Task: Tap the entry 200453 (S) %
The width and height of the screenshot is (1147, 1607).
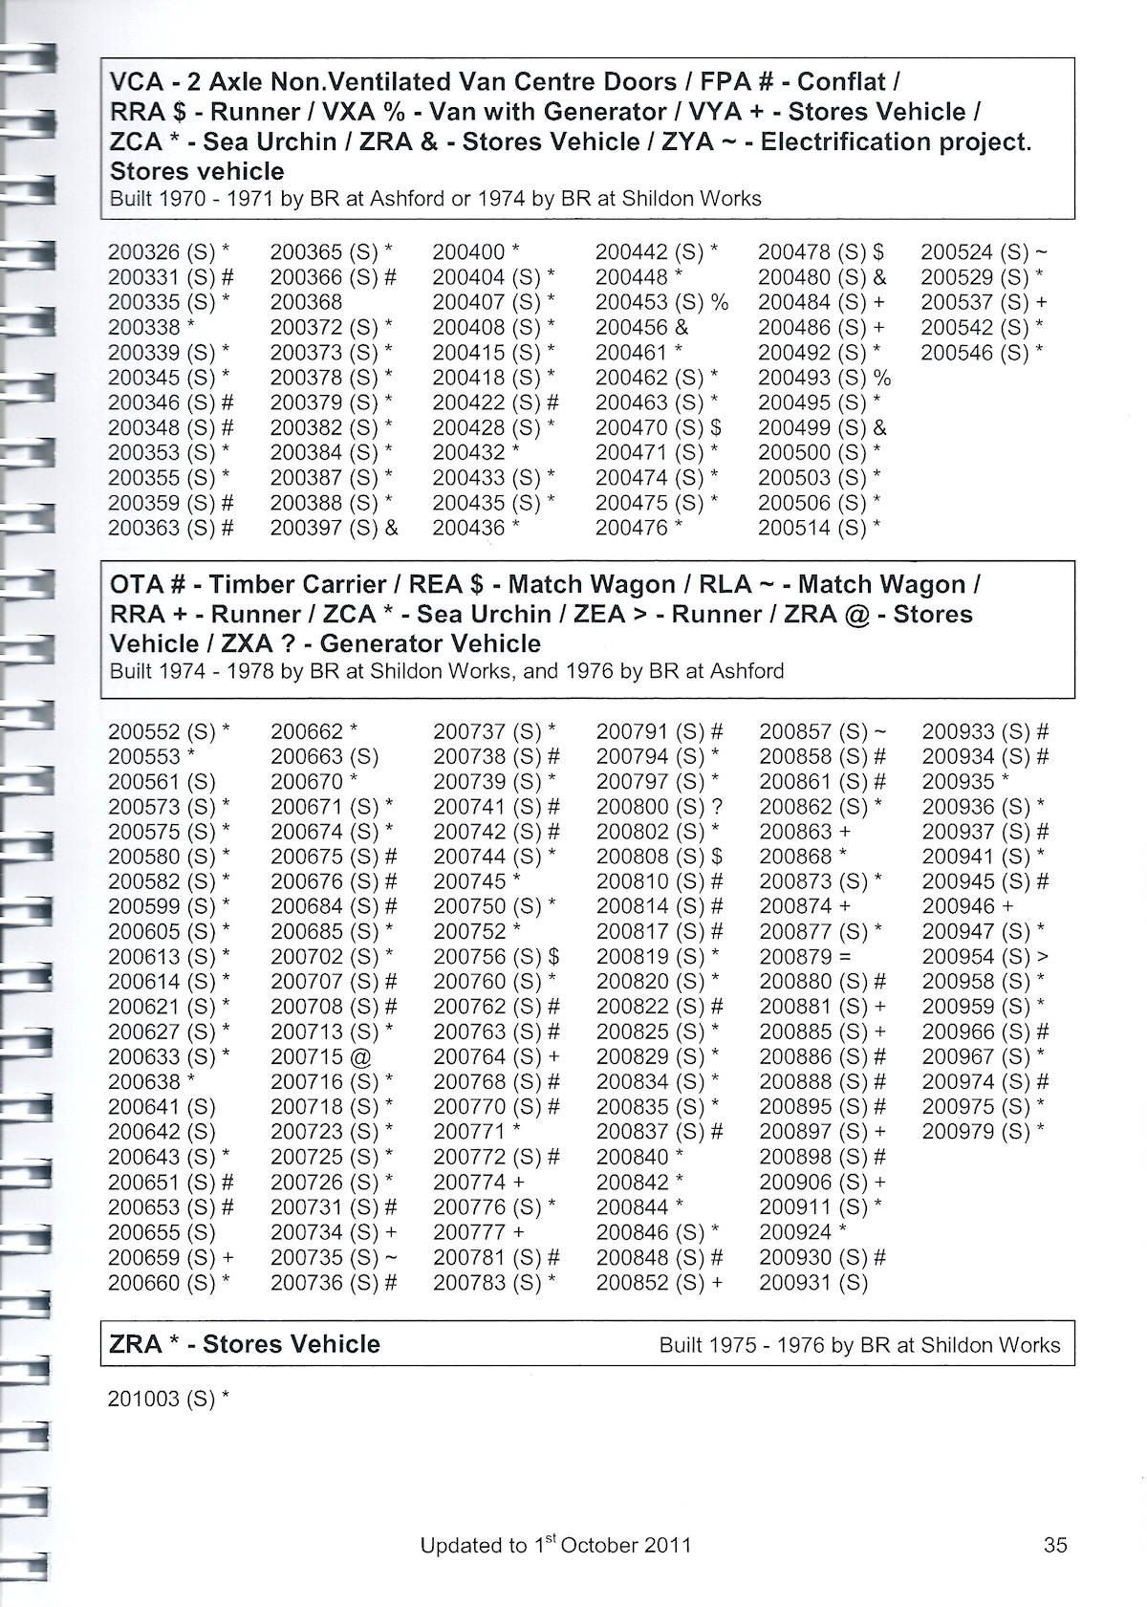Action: [x=661, y=303]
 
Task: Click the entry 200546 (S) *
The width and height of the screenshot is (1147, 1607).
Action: [x=982, y=353]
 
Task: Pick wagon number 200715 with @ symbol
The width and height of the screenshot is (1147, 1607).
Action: [x=320, y=1057]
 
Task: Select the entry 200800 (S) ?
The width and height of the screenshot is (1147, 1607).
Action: [x=660, y=807]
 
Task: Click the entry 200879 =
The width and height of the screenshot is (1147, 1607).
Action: [x=806, y=957]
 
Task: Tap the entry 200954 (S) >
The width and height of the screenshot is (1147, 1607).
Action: [x=985, y=957]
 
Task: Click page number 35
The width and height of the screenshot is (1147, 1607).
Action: [x=1055, y=1546]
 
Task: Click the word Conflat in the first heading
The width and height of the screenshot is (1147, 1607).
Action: [x=842, y=82]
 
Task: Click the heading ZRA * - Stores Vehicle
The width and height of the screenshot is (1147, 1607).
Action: [x=245, y=1344]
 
